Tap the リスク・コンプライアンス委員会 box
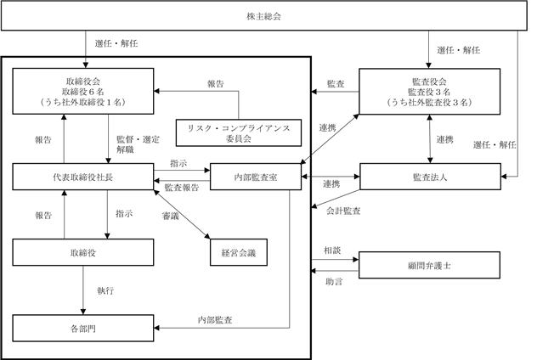coord(239,132)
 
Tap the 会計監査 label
coord(343,209)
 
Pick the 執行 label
coord(106,290)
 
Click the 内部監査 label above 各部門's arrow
coord(217,320)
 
